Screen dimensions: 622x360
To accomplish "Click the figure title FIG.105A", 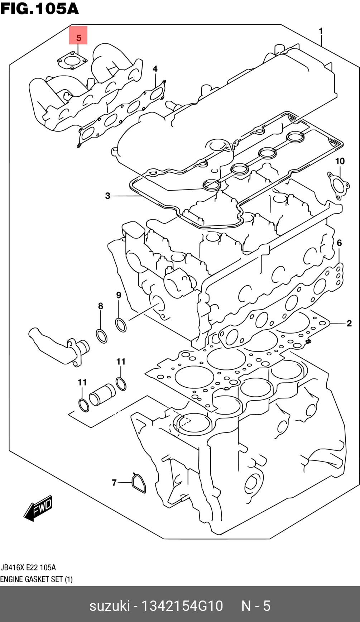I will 39,9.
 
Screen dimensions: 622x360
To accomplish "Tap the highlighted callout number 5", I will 78,37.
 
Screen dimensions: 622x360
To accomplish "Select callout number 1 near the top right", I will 321,31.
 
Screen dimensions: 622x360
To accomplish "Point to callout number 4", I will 155,69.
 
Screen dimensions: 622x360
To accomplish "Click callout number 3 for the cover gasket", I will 107,196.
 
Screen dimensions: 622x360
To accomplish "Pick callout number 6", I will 339,243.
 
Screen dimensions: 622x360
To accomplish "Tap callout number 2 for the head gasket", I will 349,324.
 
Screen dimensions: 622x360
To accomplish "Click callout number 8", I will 101,306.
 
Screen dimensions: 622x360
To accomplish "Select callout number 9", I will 119,295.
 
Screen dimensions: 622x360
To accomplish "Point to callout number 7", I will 114,483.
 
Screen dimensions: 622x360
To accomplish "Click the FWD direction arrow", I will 39,508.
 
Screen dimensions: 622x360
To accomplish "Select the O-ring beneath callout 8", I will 102,336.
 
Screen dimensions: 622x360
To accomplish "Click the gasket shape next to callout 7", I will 138,483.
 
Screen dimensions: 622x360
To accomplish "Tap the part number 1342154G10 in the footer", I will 182,606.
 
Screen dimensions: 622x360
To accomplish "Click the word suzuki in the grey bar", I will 109,606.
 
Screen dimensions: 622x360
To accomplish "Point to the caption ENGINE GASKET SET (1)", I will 36,579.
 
